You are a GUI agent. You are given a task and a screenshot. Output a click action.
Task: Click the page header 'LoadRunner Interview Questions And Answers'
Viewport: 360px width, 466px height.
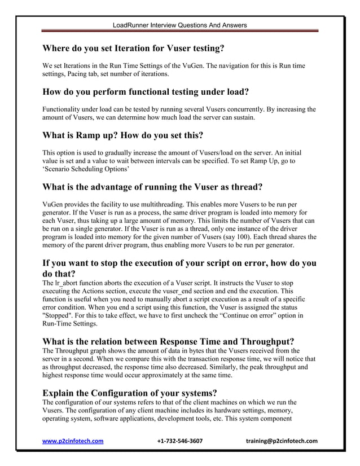[179, 25]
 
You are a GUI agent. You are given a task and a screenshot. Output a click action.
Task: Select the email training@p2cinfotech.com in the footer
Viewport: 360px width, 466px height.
[282, 441]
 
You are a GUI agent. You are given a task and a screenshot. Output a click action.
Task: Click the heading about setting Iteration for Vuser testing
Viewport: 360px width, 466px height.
[133, 48]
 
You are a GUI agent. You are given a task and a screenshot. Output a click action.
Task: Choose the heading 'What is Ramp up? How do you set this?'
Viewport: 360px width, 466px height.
[123, 135]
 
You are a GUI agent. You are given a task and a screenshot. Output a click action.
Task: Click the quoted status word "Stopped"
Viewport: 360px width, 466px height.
[60, 314]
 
